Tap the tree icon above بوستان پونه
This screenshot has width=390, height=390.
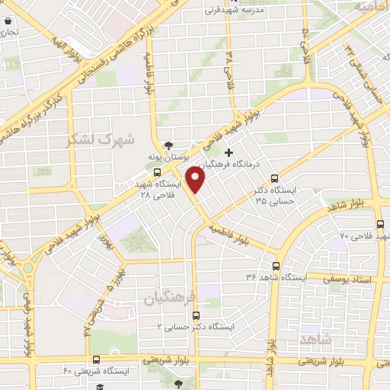tap(169, 145)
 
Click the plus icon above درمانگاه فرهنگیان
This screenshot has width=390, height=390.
tap(228, 152)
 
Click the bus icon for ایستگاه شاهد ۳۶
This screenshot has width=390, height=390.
tap(276, 267)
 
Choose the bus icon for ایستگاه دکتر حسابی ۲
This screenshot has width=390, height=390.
tap(196, 315)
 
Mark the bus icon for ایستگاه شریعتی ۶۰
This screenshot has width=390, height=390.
tap(96, 360)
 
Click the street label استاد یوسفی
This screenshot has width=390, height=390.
tap(353, 280)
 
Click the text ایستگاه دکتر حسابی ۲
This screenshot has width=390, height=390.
tap(197, 326)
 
